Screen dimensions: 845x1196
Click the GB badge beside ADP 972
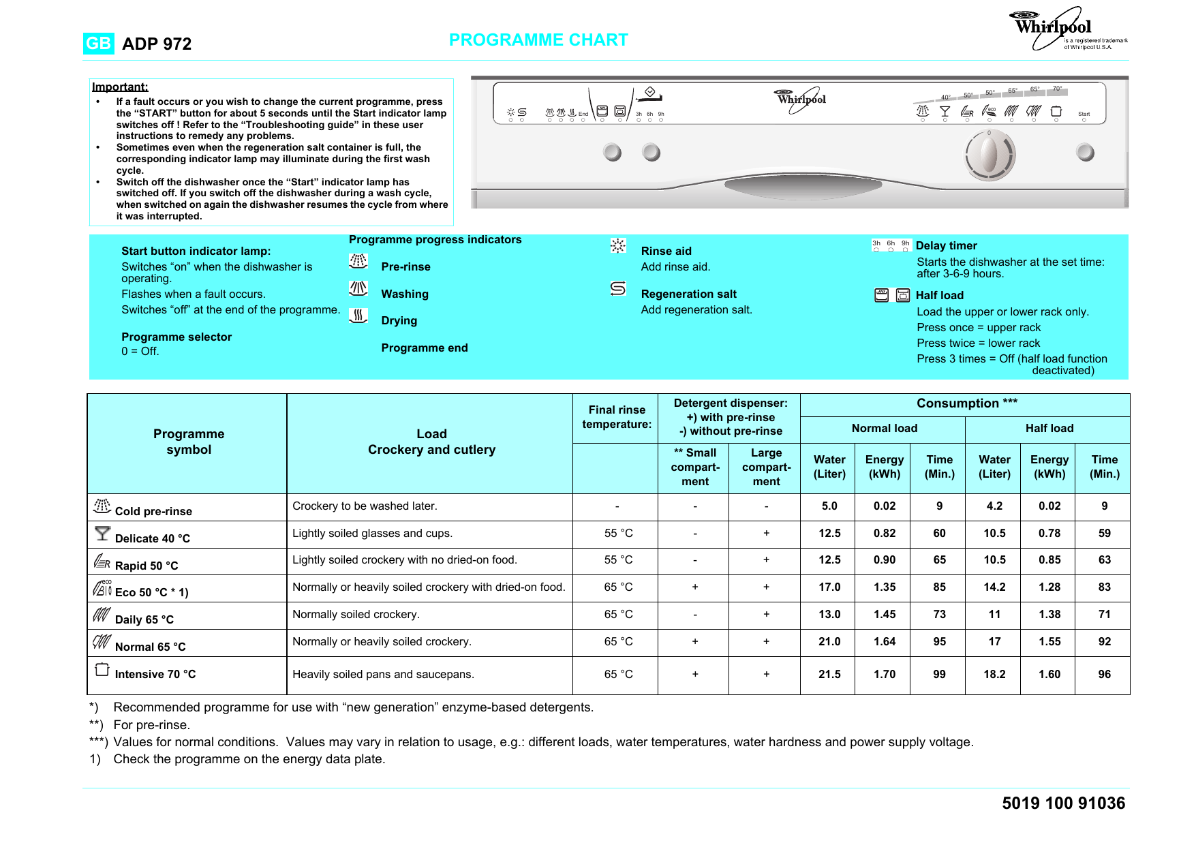pyautogui.click(x=98, y=44)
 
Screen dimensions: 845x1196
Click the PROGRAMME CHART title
pyautogui.click(x=538, y=40)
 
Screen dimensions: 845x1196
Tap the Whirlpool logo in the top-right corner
pyautogui.click(x=1054, y=29)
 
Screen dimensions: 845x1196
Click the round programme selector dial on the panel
pyautogui.click(x=990, y=155)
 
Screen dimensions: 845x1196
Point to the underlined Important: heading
pyautogui.click(x=120, y=87)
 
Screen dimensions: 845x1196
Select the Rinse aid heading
pyautogui.click(x=666, y=251)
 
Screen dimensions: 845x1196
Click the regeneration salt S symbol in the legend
pyautogui.click(x=618, y=289)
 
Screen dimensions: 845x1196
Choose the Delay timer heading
pyautogui.click(x=946, y=246)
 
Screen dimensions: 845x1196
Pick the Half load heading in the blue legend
pyautogui.click(x=939, y=295)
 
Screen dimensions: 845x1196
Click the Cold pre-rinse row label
pyautogui.click(x=153, y=511)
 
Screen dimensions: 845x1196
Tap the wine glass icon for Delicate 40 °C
pyautogui.click(x=102, y=534)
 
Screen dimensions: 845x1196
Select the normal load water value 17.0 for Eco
pyautogui.click(x=829, y=587)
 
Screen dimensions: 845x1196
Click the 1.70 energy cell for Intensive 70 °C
pyautogui.click(x=885, y=674)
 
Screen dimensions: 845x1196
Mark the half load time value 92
pyautogui.click(x=1104, y=641)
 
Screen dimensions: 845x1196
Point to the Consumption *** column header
pyautogui.click(x=966, y=403)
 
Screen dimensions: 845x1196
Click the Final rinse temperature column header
pyautogui.click(x=617, y=417)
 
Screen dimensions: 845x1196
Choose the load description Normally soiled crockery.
pyautogui.click(x=356, y=614)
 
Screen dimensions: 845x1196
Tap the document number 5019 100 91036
pyautogui.click(x=1063, y=803)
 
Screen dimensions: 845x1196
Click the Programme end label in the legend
pyautogui.click(x=424, y=348)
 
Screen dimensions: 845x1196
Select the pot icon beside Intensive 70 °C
pyautogui.click(x=102, y=669)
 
